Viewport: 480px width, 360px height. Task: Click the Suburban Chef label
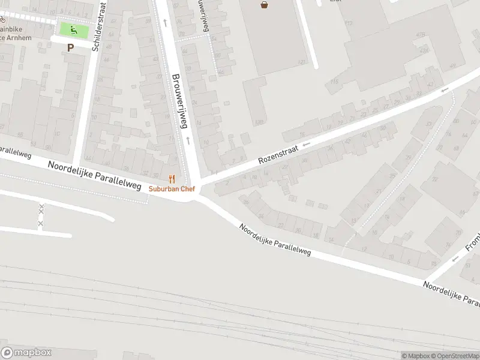pos(172,188)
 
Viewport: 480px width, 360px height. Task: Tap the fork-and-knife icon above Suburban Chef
pos(172,179)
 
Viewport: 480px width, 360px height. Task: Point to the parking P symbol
pos(70,47)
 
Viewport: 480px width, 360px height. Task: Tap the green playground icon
pos(74,29)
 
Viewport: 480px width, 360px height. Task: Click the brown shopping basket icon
pos(265,5)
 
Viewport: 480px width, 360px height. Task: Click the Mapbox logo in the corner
pos(26,353)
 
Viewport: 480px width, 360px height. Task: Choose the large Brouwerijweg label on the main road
pos(179,101)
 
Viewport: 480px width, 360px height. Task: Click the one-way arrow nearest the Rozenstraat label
pos(306,144)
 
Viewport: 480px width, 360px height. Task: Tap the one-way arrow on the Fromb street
pos(455,259)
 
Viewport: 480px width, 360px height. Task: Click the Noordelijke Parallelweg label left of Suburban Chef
pos(95,174)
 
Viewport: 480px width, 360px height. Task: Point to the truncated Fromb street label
pos(473,241)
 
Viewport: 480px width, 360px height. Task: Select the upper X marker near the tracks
pos(41,208)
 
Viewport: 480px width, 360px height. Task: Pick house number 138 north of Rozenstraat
pos(259,122)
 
